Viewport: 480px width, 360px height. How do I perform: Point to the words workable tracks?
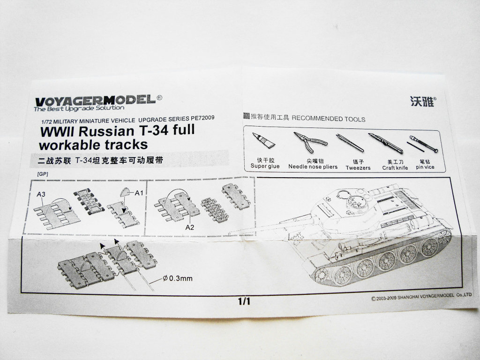click(x=94, y=143)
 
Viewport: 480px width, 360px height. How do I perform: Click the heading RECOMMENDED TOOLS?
click(x=329, y=119)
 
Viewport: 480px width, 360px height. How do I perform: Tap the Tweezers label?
click(x=358, y=167)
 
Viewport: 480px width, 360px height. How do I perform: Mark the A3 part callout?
click(x=41, y=194)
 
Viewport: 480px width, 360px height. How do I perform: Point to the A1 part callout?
click(x=139, y=193)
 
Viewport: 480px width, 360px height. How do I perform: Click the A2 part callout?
click(x=190, y=227)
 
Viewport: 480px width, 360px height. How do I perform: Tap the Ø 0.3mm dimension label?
click(x=177, y=279)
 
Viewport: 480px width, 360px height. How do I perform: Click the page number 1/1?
click(x=244, y=302)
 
